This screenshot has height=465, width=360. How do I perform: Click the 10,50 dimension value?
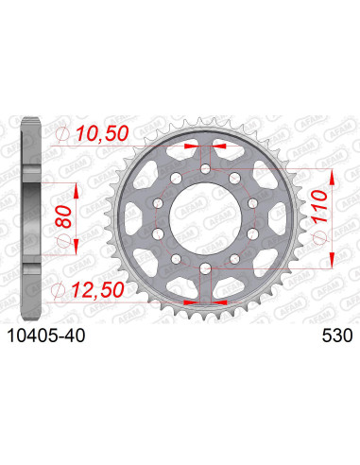104,136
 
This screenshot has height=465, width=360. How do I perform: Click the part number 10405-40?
52,334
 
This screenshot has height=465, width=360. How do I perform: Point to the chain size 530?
327,334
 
